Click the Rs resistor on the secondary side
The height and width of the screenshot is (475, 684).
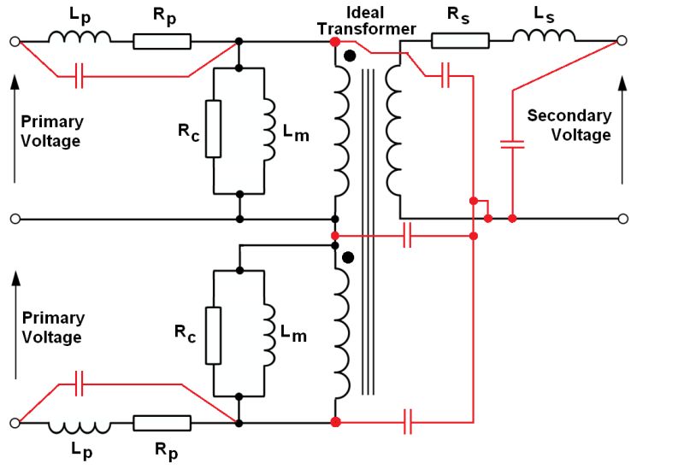460,40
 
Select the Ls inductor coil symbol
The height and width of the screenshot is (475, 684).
545,36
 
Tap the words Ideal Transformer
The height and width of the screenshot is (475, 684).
366,21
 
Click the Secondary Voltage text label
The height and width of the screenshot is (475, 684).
569,125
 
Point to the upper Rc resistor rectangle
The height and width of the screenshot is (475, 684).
214,129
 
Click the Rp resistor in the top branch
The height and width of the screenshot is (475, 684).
162,40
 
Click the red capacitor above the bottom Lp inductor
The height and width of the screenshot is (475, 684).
80,384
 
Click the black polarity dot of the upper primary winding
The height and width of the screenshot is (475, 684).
349,56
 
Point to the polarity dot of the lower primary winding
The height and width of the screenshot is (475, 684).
347,257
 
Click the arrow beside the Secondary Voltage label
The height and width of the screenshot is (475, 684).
622,128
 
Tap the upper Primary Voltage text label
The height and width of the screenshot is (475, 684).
52,132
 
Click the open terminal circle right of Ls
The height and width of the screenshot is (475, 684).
622,40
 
